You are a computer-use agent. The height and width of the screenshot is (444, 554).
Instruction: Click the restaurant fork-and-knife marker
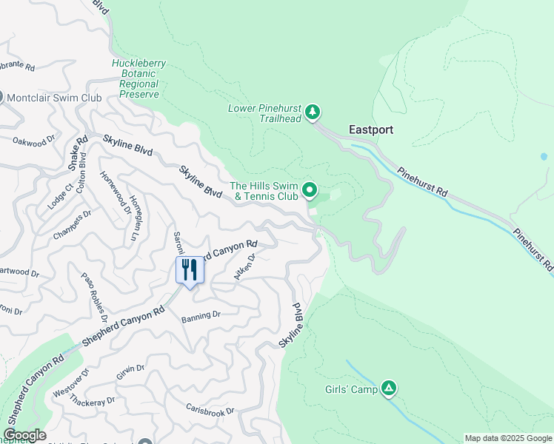coord(190,270)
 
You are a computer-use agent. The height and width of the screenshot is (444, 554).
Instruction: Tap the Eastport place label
coord(371,129)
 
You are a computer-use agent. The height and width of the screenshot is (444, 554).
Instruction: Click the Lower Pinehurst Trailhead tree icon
coord(313,112)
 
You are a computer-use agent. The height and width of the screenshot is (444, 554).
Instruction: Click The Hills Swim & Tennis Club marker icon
coord(310,190)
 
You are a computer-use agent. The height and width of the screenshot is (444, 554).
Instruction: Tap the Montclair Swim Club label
coord(53,97)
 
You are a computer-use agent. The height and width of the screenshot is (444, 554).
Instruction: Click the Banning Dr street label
coord(201,314)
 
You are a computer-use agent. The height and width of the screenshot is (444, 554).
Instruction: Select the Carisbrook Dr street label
coord(210,411)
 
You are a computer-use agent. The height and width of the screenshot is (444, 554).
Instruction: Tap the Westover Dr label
coord(66,388)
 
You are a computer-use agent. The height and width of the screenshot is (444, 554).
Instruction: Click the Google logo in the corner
coord(24,435)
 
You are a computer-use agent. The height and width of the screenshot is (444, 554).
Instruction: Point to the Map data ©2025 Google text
coord(508,438)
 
